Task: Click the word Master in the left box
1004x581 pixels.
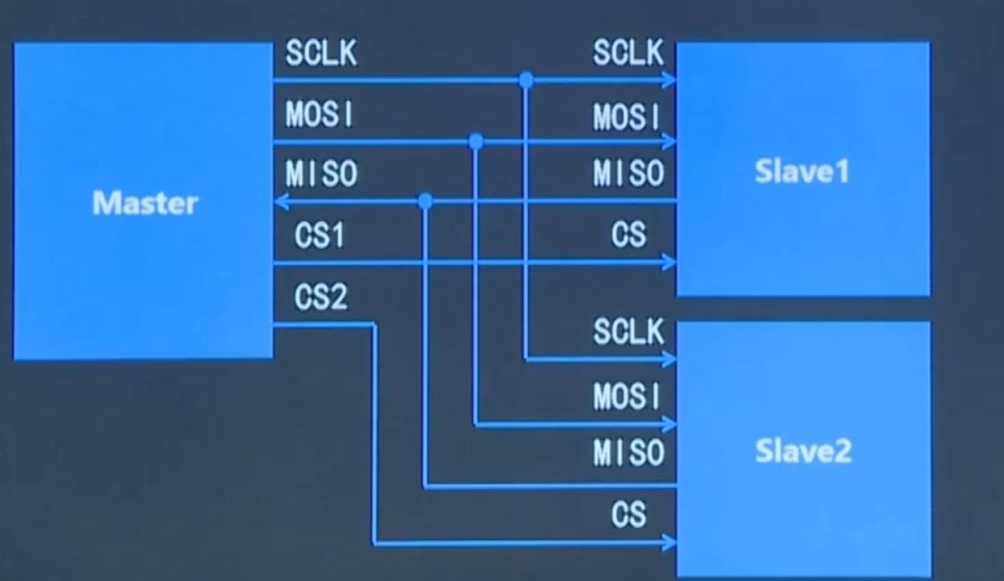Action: [x=145, y=203]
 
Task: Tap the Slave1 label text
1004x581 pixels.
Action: [x=802, y=171]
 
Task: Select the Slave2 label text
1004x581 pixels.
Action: [x=802, y=452]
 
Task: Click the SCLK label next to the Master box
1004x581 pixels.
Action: [x=321, y=55]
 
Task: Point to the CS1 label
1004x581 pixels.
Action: [x=319, y=236]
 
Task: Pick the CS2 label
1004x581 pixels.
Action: [x=320, y=298]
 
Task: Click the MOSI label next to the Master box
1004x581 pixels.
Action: [x=320, y=115]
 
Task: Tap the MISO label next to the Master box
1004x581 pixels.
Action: [x=321, y=174]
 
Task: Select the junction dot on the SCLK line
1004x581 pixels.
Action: [x=526, y=80]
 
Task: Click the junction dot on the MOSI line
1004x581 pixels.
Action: [x=475, y=141]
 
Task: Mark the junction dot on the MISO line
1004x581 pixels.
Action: [x=426, y=201]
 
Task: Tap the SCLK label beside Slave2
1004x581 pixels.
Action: [x=629, y=331]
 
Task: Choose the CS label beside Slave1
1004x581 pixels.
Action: [x=628, y=235]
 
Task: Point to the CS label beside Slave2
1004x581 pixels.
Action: [x=628, y=514]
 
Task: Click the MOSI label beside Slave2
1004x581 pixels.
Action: [x=627, y=395]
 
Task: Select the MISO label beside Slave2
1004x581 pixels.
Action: [x=629, y=454]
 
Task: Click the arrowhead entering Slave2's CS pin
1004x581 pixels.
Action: [x=669, y=544]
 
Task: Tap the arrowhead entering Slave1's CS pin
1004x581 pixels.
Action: [x=669, y=262]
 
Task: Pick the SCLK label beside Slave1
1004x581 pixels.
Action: [x=629, y=53]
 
